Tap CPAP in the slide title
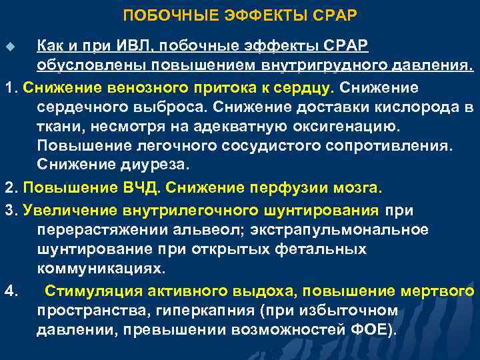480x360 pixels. pyautogui.click(x=337, y=15)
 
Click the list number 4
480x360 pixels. pyautogui.click(x=9, y=292)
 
